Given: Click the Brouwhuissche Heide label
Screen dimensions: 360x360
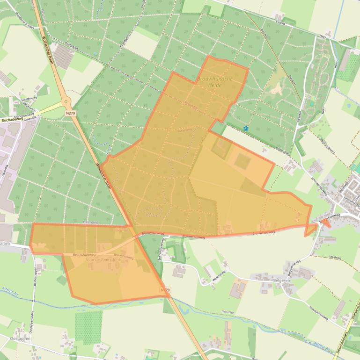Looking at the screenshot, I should pos(215,82).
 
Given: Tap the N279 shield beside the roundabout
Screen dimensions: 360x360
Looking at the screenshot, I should pos(70,113).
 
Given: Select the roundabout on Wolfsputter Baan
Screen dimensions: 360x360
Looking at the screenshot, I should pos(66,101).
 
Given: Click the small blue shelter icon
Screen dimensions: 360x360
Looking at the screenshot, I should pos(245,128).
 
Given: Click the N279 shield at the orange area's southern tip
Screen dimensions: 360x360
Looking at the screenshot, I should pos(165,290).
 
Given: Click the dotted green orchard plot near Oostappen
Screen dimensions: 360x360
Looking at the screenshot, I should pos(88,325).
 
